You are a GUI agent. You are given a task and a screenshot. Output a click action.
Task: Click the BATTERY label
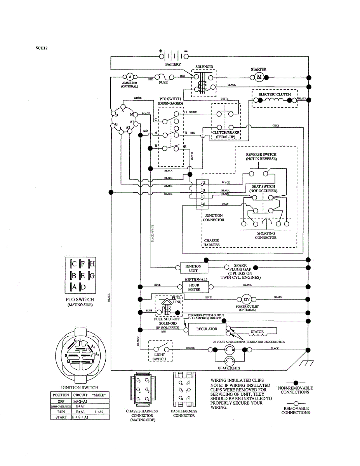173,64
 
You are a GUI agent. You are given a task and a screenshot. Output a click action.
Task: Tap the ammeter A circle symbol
130,76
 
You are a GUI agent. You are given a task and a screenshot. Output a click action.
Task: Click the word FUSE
163,83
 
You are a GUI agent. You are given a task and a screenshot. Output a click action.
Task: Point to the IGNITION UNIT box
193,268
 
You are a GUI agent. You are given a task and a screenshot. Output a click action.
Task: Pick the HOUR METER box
194,287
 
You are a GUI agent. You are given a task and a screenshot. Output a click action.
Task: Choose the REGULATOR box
207,329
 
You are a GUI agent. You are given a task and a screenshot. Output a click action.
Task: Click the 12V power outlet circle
247,299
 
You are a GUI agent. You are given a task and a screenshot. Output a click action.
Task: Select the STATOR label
257,332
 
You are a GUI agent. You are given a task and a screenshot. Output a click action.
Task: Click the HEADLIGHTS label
229,368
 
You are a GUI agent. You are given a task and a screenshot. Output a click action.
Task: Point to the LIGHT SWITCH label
159,357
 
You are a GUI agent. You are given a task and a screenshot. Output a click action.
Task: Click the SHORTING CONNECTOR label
266,236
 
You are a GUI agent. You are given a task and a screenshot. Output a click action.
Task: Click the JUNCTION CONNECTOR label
214,217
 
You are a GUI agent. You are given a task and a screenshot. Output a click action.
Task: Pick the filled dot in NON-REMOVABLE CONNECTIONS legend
296,383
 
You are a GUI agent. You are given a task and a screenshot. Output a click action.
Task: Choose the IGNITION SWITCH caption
80,387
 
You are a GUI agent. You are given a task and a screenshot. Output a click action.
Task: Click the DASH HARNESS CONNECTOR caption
184,413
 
